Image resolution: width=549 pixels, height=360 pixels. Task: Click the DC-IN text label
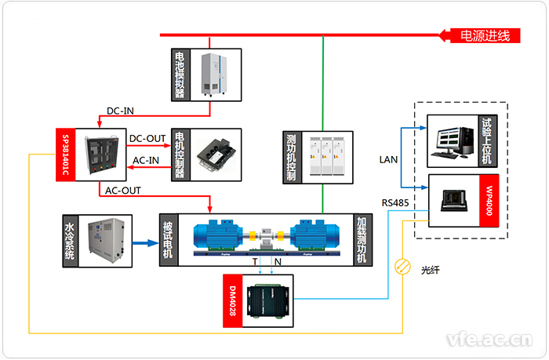(x=122, y=111)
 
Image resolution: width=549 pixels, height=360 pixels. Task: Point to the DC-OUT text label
(x=147, y=139)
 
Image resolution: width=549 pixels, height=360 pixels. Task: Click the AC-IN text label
(x=146, y=161)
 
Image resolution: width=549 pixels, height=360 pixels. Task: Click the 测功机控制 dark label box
(x=292, y=158)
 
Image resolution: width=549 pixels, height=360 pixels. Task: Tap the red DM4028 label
(x=232, y=300)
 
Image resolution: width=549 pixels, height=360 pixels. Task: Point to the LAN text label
(x=389, y=160)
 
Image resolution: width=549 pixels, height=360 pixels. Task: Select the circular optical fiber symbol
(x=402, y=267)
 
